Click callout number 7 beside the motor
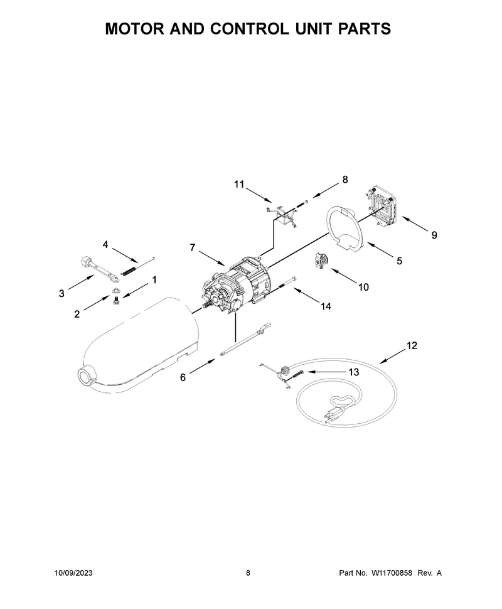point(193,247)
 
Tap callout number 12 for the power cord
point(412,345)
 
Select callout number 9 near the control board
point(434,235)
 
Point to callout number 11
point(239,184)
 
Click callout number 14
point(326,306)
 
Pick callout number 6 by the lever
point(183,377)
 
